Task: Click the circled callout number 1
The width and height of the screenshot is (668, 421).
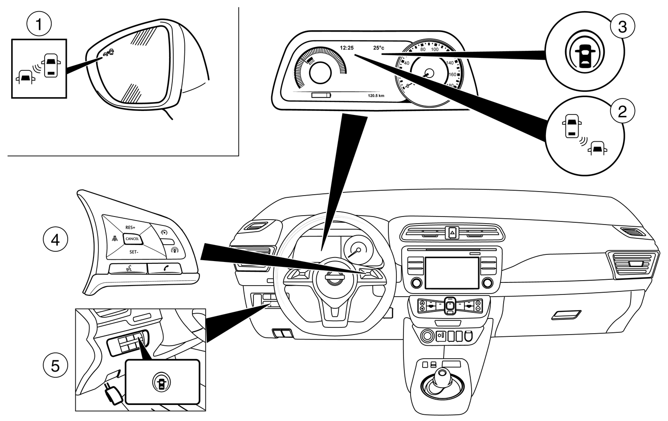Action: (39, 24)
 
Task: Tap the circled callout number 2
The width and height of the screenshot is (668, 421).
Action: (622, 110)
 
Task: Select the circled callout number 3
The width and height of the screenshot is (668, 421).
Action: (622, 27)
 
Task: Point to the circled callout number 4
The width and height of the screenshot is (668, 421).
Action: (55, 240)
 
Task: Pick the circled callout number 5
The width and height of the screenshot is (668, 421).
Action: (55, 366)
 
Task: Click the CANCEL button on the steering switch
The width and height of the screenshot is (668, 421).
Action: (132, 239)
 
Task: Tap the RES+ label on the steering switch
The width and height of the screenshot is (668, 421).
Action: (130, 227)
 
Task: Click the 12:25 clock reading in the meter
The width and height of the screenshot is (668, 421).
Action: (346, 47)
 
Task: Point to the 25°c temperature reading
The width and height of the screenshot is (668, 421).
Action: (379, 48)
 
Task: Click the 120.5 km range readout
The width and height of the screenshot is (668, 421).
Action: (376, 95)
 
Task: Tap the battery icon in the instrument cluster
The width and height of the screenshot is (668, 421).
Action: (322, 95)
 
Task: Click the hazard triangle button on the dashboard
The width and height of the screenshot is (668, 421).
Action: (452, 232)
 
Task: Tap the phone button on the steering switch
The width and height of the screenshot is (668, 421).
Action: (165, 268)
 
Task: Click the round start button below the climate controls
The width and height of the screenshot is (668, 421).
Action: (428, 335)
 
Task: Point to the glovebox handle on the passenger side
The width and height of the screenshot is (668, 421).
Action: (566, 315)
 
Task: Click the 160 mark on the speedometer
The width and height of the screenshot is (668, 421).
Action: (452, 74)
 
